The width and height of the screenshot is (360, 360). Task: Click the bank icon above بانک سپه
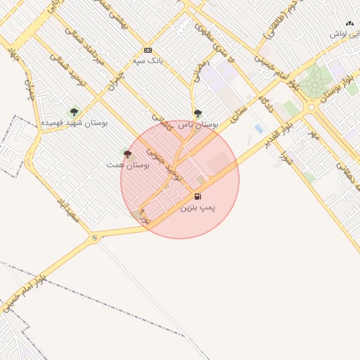click(148, 50)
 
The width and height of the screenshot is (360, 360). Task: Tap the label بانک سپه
click(148, 61)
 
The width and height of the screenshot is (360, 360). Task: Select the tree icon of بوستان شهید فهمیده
click(74, 112)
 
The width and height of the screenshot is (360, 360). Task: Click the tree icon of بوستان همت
click(127, 153)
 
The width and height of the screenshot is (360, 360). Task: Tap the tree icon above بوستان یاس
click(198, 112)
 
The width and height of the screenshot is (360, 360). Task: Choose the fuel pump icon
click(198, 196)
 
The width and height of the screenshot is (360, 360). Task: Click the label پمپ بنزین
click(198, 208)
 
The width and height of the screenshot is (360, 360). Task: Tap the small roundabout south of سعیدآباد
click(94, 238)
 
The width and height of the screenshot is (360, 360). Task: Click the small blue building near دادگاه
click(258, 129)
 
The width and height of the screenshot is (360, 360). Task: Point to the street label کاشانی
click(161, 123)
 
